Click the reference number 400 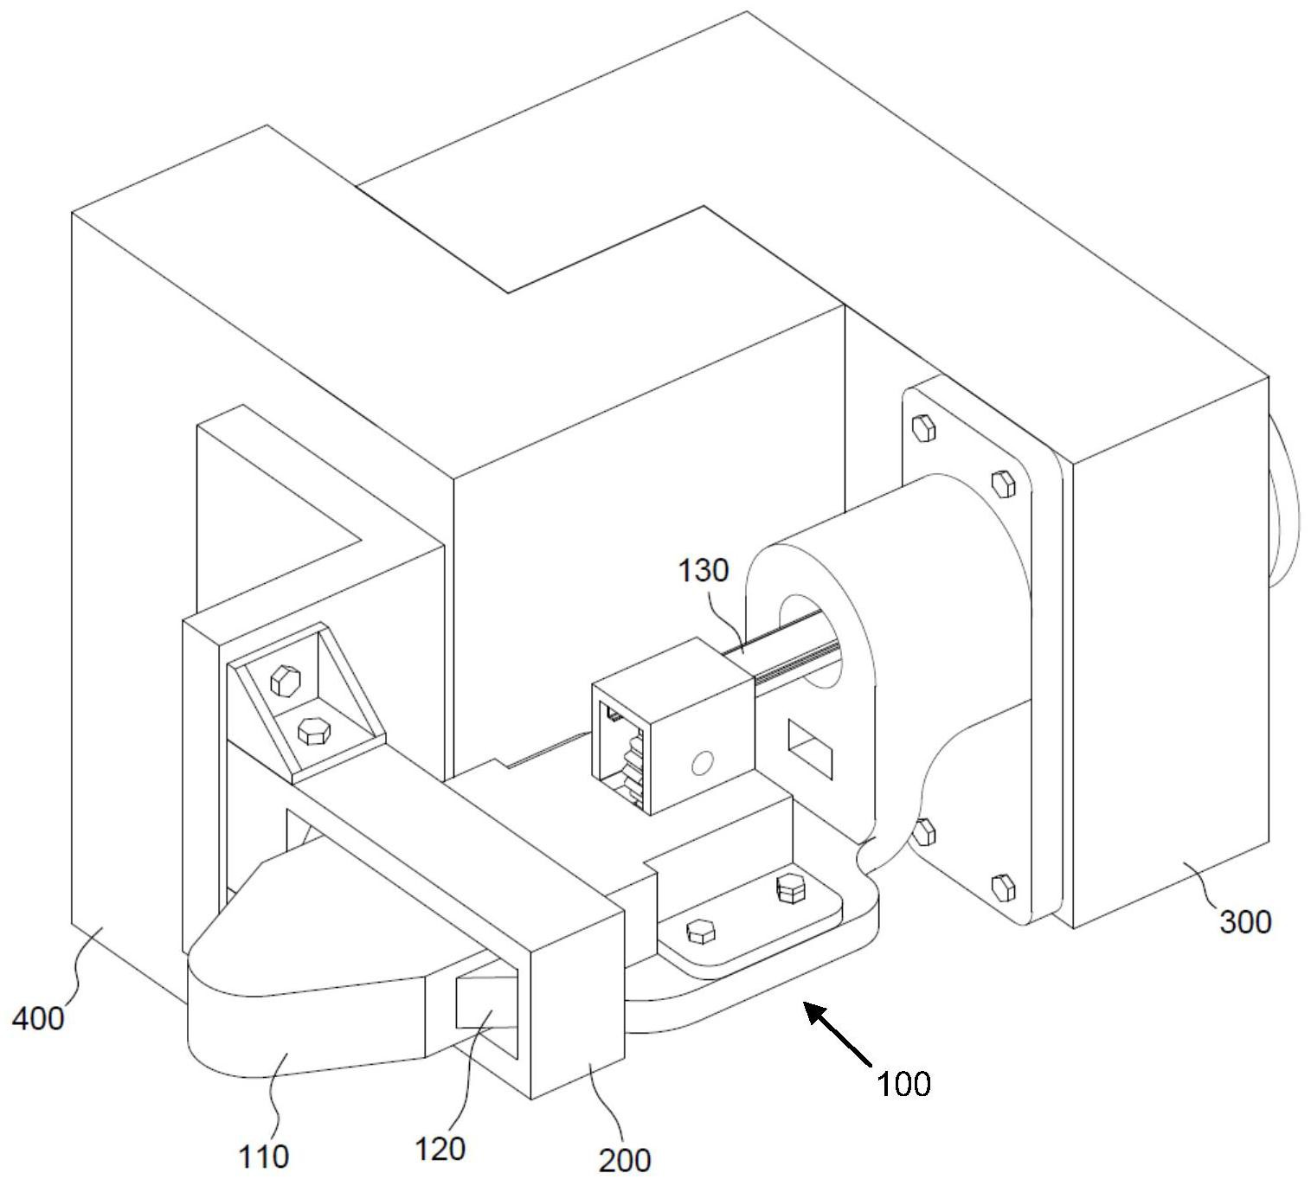tap(39, 1018)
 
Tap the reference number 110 tap(263, 1157)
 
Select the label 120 tap(440, 1149)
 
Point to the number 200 tap(625, 1161)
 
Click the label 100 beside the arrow tap(903, 1084)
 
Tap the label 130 tap(704, 570)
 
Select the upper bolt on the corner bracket tap(285, 680)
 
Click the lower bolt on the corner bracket tap(314, 731)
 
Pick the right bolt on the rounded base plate tap(791, 888)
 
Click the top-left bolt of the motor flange tap(923, 429)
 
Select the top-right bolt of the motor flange tap(1003, 484)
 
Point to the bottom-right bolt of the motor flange tap(1003, 888)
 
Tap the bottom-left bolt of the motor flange tap(925, 833)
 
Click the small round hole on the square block tap(702, 763)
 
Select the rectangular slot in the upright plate tap(810, 749)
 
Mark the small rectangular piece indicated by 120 tap(486, 1001)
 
